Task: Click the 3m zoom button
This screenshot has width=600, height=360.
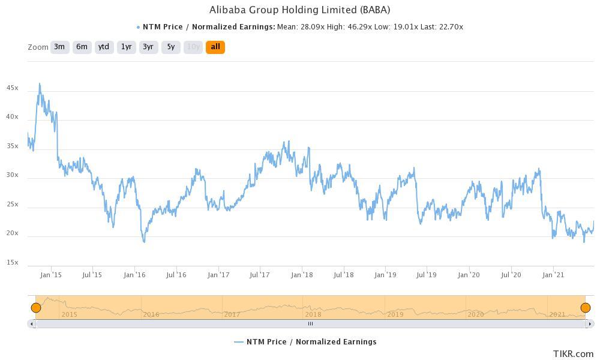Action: point(59,47)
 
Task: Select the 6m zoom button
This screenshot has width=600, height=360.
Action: point(82,47)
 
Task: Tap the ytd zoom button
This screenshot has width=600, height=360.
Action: point(104,47)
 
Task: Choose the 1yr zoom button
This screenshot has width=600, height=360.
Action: point(126,47)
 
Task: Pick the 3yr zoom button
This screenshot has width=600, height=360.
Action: point(148,47)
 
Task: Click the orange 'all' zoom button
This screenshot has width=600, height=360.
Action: point(215,47)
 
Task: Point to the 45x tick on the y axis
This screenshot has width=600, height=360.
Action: point(12,88)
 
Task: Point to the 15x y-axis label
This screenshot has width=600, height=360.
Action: point(12,263)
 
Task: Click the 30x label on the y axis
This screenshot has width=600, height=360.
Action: point(12,176)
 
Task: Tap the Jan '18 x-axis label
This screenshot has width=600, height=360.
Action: point(302,275)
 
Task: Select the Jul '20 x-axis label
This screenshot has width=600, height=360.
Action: point(511,275)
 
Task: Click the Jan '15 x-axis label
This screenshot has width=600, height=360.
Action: point(51,275)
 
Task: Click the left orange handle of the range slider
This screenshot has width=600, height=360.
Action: point(36,308)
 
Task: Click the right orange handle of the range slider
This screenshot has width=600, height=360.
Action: point(585,308)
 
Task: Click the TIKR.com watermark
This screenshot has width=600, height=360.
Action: point(573,354)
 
